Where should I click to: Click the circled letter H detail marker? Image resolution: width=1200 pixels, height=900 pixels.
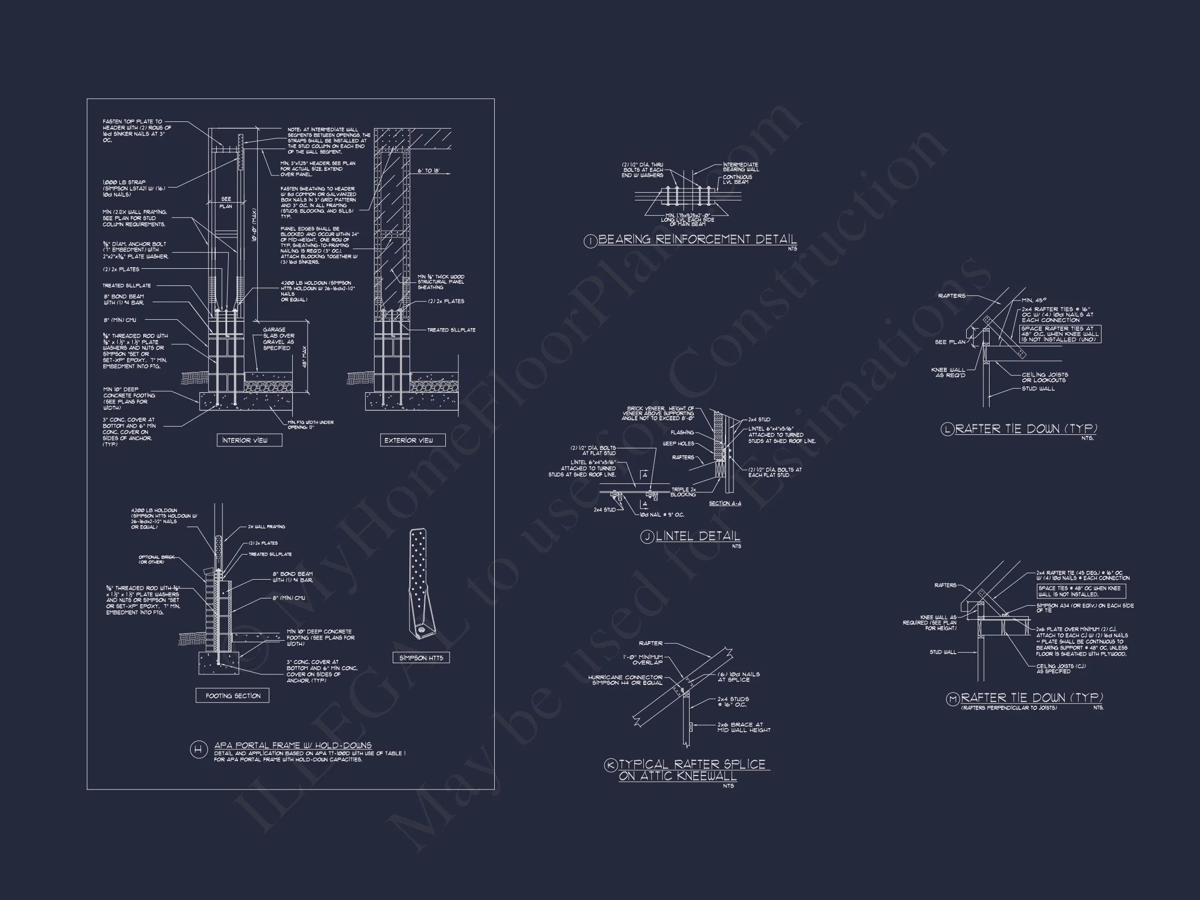[198, 749]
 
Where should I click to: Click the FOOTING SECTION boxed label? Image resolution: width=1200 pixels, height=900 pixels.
[233, 695]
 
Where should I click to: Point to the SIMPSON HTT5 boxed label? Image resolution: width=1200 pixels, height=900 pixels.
[421, 658]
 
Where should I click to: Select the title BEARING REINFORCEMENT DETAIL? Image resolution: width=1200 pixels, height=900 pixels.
[697, 240]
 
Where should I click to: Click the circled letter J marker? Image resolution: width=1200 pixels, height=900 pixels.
[647, 537]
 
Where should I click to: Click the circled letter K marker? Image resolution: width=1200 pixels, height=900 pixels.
[611, 765]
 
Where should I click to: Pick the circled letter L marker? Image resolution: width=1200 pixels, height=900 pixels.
[947, 430]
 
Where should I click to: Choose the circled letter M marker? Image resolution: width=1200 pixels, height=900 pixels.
[953, 699]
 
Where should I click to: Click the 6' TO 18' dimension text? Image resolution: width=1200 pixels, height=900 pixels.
[429, 171]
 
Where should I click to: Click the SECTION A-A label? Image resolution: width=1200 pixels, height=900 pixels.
[725, 504]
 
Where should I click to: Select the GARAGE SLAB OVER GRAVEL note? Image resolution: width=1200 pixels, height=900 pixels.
[278, 339]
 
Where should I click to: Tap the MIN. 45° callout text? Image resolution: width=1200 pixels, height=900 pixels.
[1034, 300]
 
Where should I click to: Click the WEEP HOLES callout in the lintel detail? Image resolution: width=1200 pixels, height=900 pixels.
[678, 444]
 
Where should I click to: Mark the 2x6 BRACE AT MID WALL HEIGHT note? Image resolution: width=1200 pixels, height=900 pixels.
[744, 727]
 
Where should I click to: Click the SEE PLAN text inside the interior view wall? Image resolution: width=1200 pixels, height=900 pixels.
[226, 203]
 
